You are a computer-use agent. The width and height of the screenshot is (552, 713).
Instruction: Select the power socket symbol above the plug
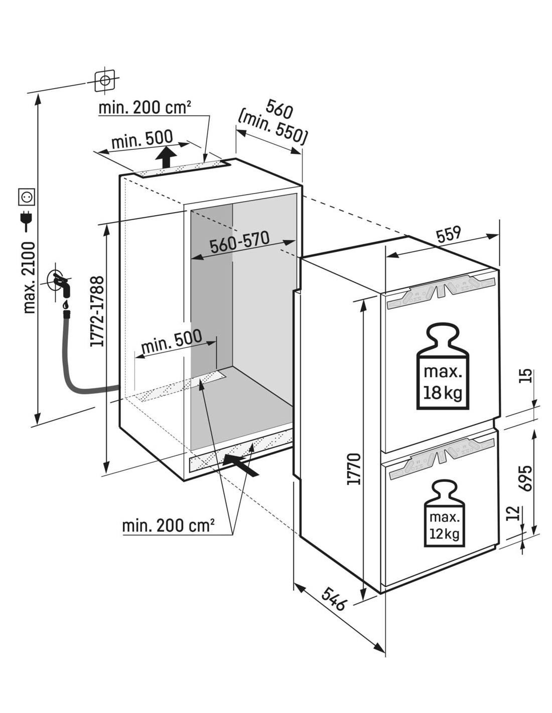point(26,197)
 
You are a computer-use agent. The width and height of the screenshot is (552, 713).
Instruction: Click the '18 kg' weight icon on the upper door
point(443,368)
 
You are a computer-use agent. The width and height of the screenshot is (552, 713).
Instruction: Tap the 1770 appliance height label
point(354,469)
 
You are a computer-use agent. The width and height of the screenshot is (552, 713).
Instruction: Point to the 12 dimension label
point(511,513)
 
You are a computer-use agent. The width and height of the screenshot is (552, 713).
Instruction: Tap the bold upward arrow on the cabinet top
point(166,157)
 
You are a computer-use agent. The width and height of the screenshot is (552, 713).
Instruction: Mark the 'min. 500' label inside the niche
point(171,340)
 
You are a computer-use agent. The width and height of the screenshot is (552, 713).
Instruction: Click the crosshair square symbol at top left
point(105,80)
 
